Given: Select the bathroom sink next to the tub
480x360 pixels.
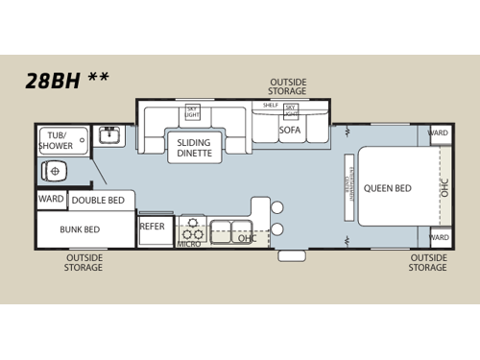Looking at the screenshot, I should [x=111, y=135].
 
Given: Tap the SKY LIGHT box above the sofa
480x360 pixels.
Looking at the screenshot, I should [x=290, y=110].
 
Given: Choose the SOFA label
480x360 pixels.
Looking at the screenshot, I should [x=290, y=130].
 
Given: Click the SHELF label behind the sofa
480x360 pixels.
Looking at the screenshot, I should [x=270, y=106].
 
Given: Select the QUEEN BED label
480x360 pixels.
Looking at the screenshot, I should [x=387, y=188].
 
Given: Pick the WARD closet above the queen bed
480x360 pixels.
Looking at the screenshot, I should [x=439, y=133].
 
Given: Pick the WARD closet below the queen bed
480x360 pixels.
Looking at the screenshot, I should [x=439, y=237].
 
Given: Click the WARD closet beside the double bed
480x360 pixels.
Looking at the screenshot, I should [x=51, y=200].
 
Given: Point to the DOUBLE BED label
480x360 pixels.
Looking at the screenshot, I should [x=97, y=201].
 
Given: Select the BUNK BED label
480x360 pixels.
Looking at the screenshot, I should [x=81, y=230].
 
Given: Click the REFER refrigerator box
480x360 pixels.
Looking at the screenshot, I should [x=153, y=228].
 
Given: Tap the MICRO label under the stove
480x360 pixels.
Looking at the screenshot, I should [x=188, y=245].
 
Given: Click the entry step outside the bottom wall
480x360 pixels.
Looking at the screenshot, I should [x=292, y=255].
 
